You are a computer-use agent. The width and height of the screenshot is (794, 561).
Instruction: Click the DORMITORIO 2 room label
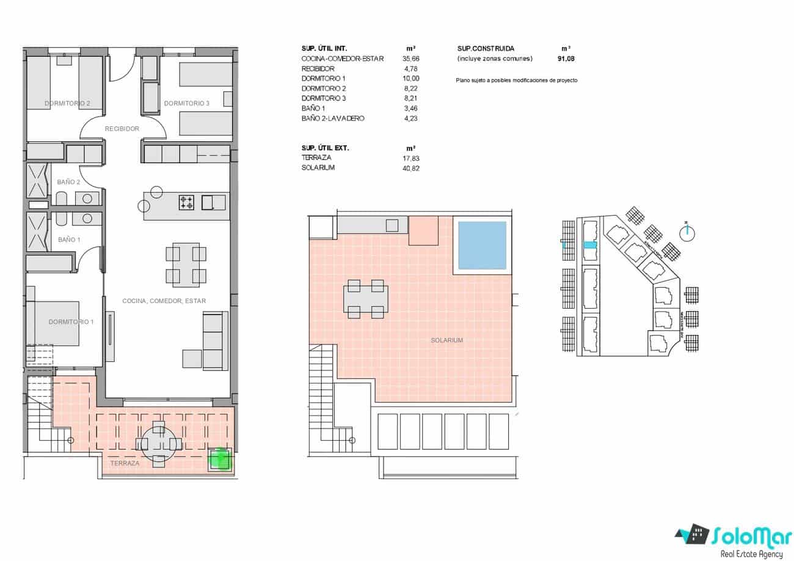click(67, 103)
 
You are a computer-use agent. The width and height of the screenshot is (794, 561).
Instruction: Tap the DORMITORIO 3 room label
click(186, 103)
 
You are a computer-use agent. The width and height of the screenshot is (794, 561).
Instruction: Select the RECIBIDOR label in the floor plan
click(122, 129)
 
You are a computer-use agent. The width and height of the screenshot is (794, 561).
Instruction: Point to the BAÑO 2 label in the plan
click(68, 182)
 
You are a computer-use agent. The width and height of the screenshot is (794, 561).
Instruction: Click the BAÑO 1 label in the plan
click(68, 240)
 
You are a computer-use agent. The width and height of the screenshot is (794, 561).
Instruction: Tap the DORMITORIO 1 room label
click(71, 321)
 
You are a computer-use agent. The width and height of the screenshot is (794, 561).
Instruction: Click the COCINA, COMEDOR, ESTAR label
click(164, 301)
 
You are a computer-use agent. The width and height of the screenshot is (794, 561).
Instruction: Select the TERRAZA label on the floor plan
click(125, 463)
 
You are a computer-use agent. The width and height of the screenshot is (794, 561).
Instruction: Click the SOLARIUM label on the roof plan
click(446, 340)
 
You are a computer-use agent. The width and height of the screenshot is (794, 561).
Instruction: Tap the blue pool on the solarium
click(482, 246)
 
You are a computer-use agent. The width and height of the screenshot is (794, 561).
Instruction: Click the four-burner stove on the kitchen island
click(186, 202)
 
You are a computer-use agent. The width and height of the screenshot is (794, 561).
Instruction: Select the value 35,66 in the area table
click(411, 59)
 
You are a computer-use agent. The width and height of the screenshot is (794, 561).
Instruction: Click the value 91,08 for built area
click(566, 59)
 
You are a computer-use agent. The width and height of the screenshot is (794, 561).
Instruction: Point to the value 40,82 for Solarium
click(411, 167)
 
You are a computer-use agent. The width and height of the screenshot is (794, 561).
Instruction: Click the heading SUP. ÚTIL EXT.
click(326, 148)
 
